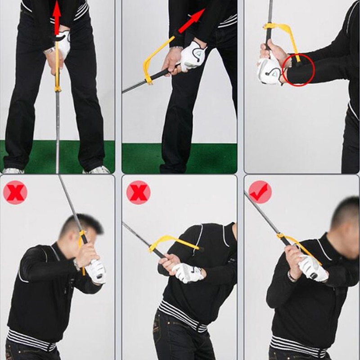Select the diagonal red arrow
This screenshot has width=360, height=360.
tap(191, 22)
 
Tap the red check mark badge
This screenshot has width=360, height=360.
tap(260, 192)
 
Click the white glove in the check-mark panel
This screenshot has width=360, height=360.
tap(312, 268)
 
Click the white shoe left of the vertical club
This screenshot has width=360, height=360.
tap(13, 171)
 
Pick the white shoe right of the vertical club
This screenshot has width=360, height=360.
tap(98, 170)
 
